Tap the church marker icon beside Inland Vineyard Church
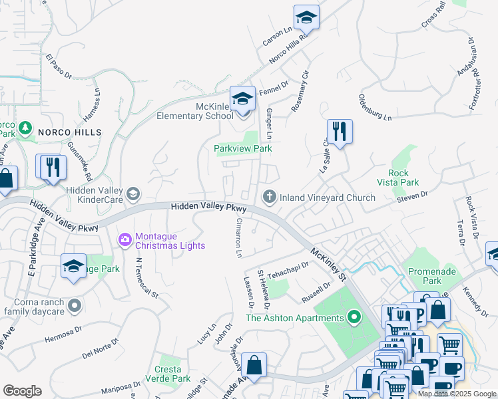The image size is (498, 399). [x=269, y=196]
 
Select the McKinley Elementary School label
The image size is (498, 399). [x=195, y=110]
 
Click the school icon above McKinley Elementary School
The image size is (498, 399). [x=242, y=99]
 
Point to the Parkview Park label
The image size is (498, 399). [x=242, y=148]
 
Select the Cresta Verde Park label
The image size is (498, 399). [x=168, y=374]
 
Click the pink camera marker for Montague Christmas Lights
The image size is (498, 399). [x=124, y=239]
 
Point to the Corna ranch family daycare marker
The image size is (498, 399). [x=75, y=306]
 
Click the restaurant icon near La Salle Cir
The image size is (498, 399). [x=340, y=132]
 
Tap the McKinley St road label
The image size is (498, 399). [x=329, y=263]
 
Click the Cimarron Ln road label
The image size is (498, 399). [x=238, y=239]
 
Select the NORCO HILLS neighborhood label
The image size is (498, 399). [x=69, y=132]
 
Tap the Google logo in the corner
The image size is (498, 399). [x=23, y=391]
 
